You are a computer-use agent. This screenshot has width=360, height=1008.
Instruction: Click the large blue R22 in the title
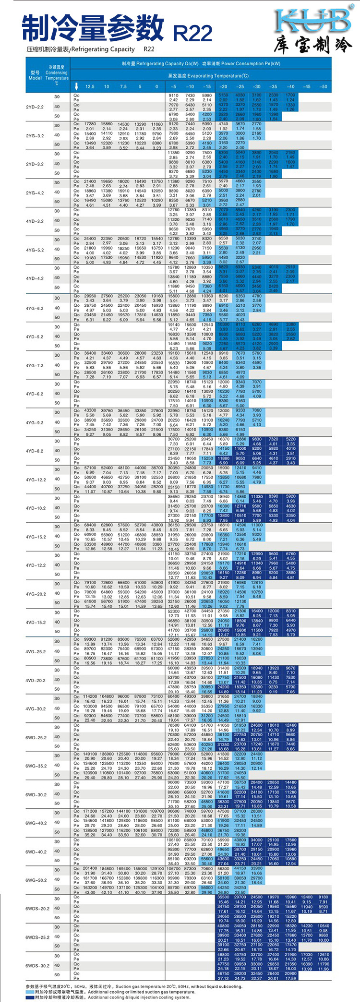click(193, 33)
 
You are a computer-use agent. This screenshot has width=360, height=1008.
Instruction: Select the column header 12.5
click(90, 87)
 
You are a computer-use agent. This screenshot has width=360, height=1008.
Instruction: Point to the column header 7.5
click(123, 87)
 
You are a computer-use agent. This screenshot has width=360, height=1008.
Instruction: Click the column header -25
click(240, 87)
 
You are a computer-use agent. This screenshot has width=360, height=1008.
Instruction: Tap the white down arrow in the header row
click(76, 87)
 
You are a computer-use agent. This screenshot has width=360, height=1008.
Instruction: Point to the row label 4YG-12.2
click(36, 480)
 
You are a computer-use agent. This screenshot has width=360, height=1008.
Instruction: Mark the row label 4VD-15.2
click(36, 623)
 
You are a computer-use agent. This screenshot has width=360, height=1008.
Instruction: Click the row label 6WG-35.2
click(36, 766)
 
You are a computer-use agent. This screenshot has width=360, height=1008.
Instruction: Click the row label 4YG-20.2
click(36, 594)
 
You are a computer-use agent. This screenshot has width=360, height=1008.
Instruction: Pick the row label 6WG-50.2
click(36, 880)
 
